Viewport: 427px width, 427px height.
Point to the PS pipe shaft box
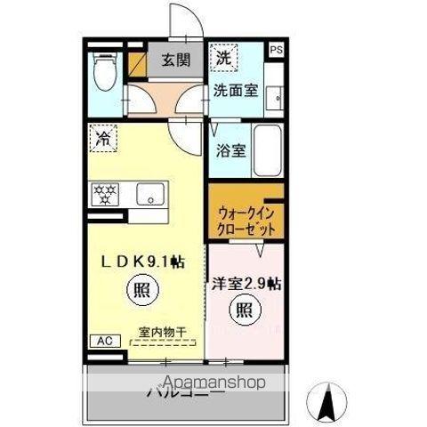click(x=276, y=52)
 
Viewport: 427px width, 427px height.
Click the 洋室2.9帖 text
click(x=247, y=285)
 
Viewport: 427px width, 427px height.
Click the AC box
click(x=102, y=341)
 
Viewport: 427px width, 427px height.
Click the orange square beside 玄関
click(x=138, y=63)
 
